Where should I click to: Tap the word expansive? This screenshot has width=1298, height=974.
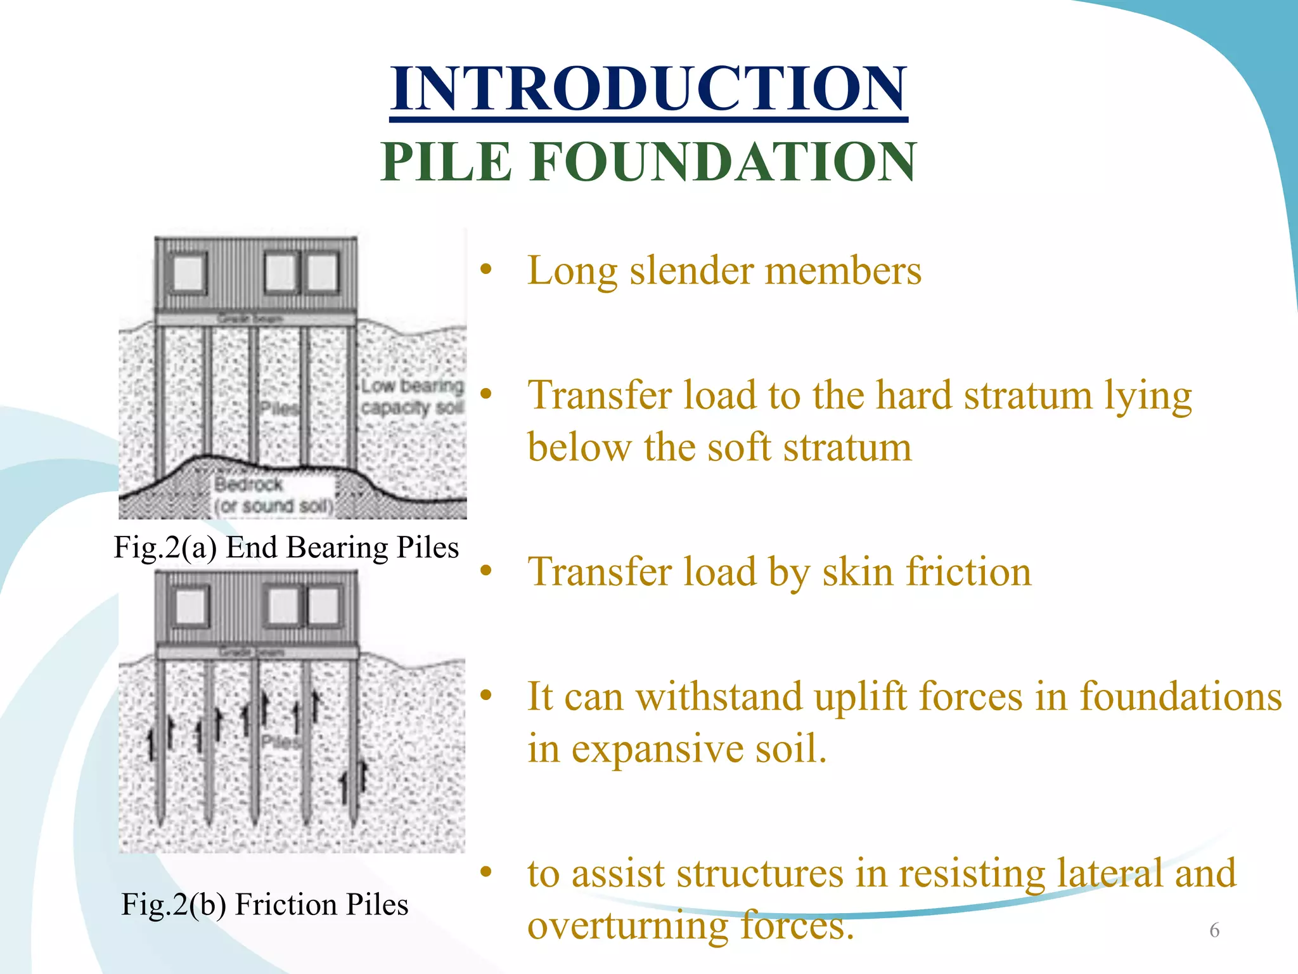657,750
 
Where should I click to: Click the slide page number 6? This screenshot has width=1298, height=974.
1214,930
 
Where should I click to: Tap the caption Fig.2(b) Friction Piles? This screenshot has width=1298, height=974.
265,905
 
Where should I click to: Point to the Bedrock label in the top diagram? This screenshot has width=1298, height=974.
248,485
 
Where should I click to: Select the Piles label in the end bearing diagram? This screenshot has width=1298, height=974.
280,408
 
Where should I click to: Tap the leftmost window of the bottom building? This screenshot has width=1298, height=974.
189,607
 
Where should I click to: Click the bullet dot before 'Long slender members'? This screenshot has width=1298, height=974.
486,270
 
